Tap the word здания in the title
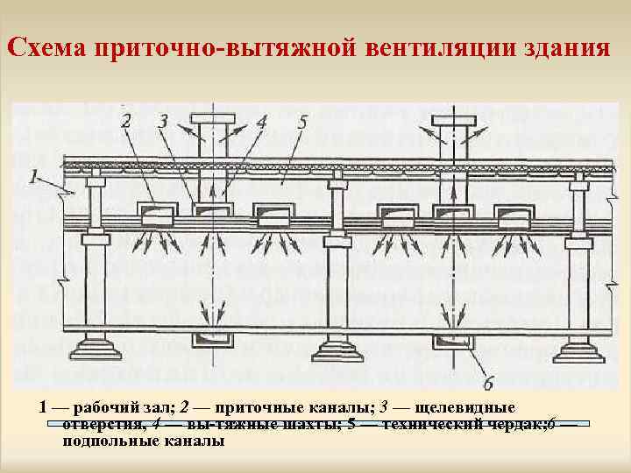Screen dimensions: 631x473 click(561, 46)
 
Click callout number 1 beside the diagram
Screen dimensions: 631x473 click(33, 178)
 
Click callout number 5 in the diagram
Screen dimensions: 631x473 click(301, 122)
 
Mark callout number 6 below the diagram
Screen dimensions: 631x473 click(487, 383)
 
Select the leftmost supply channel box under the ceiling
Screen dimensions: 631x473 click(154, 214)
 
